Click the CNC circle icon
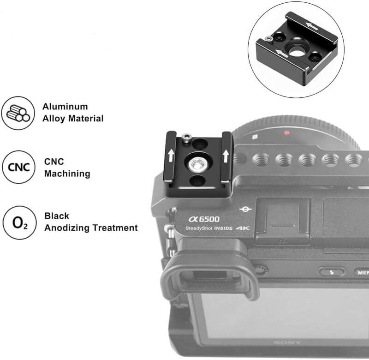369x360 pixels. (x=18, y=167)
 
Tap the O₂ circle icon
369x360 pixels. (x=20, y=223)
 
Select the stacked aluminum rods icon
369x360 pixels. (x=18, y=113)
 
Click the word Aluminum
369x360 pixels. (x=65, y=107)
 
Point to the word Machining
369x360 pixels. (x=67, y=174)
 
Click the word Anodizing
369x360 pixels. (x=67, y=228)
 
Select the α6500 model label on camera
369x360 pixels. (x=204, y=219)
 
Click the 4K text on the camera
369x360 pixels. (x=243, y=228)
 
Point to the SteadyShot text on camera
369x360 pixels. (x=199, y=228)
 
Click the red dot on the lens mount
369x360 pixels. (x=286, y=133)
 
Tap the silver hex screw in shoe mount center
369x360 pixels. (x=196, y=163)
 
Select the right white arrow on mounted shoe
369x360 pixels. (x=226, y=156)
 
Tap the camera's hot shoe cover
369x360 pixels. (x=282, y=222)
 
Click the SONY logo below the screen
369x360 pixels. (x=287, y=342)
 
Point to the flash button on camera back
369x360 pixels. (x=332, y=272)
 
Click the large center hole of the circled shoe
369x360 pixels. (x=296, y=51)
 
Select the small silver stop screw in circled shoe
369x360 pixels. (x=268, y=38)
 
